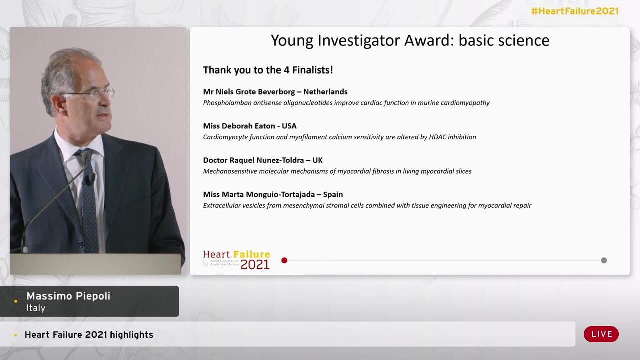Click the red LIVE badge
click(x=601, y=334)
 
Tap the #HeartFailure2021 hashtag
click(x=574, y=11)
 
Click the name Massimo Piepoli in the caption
click(x=68, y=296)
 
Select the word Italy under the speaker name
click(x=36, y=308)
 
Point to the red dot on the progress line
click(x=284, y=260)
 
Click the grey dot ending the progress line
click(x=604, y=260)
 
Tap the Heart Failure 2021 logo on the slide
click(x=237, y=259)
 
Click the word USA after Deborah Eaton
click(x=289, y=126)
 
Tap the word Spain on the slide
click(x=333, y=194)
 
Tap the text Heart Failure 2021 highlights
click(x=89, y=335)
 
